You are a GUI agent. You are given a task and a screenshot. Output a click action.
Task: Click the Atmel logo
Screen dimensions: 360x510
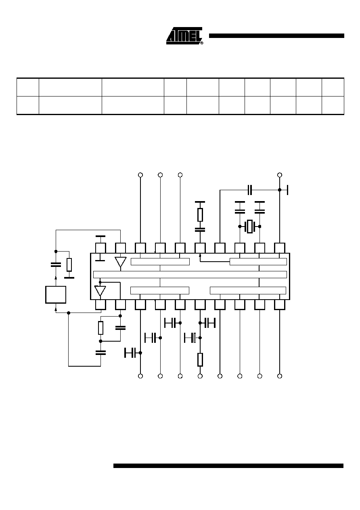(184, 36)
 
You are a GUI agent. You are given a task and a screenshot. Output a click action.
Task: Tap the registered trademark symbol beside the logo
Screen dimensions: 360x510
(202, 43)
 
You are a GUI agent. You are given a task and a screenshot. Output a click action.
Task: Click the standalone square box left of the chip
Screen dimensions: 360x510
(56, 295)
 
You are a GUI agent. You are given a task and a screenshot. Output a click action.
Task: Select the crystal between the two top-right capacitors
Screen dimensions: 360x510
(250, 226)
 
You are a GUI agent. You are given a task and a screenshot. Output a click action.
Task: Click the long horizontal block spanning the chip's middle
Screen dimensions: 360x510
(190, 275)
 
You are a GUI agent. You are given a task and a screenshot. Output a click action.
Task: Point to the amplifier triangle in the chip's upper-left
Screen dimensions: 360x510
(120, 262)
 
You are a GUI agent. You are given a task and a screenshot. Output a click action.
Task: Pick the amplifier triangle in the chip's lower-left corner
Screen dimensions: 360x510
(100, 291)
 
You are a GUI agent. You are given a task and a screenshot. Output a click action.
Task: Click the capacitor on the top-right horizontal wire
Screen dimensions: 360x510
(250, 190)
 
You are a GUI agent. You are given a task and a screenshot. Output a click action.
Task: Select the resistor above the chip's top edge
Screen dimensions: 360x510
(200, 215)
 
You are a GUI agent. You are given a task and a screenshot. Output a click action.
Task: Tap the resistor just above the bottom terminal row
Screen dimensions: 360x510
(200, 360)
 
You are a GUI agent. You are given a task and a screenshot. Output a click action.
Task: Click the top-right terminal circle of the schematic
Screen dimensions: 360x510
(280, 175)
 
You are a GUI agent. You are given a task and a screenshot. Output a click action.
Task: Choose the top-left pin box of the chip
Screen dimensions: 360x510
(100, 248)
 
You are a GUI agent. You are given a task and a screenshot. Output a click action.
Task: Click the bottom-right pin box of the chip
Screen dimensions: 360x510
(280, 304)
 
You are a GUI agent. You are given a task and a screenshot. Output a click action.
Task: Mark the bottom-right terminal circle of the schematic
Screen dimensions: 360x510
(280, 376)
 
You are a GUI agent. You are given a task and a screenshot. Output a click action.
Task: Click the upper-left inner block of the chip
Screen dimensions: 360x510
(160, 262)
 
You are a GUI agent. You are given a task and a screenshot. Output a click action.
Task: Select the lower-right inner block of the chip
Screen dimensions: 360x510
(248, 290)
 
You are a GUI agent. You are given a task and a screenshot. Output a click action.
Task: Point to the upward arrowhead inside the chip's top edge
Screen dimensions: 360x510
(200, 256)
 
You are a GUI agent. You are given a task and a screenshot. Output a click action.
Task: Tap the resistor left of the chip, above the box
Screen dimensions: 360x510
(69, 265)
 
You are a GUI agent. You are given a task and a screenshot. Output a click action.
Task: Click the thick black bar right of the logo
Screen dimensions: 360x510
(276, 36)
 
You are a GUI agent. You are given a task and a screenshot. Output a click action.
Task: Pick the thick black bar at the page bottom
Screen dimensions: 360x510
(228, 466)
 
